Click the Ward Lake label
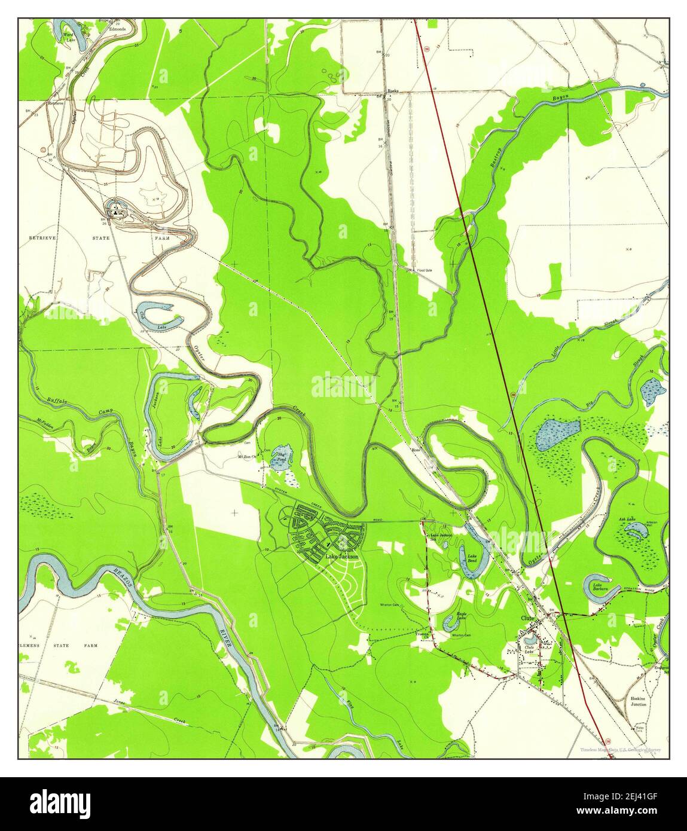69,38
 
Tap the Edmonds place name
117,29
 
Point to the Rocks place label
393,91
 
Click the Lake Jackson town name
341,557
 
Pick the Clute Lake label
529,647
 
